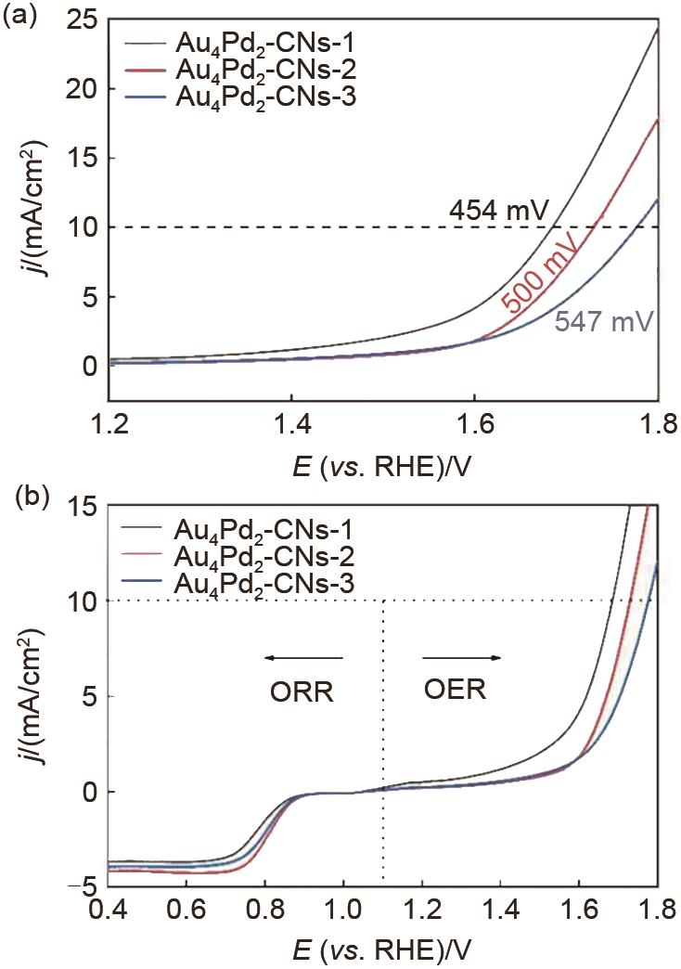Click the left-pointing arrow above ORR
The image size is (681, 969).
[x=302, y=658]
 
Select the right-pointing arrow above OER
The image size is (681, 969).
[x=462, y=658]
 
